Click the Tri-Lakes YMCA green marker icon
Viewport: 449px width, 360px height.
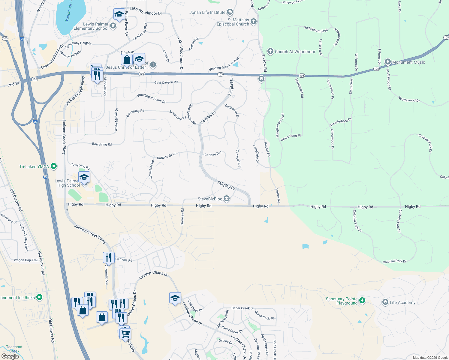tap(54, 166)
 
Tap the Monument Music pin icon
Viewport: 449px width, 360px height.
tap(387, 62)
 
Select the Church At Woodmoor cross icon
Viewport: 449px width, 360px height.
tap(270, 51)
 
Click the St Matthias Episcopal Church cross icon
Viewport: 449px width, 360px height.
tap(254, 21)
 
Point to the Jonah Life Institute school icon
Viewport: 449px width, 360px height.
tap(230, 12)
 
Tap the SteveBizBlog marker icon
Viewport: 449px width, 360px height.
tap(227, 199)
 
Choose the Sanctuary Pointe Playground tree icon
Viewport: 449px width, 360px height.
tap(362, 300)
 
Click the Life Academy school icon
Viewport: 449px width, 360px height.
tap(385, 302)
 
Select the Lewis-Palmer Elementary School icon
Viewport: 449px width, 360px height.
tap(113, 26)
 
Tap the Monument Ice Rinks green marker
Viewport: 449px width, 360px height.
tap(39, 297)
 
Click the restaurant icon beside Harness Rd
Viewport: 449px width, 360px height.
tap(108, 258)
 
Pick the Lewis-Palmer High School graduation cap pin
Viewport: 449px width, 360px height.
tap(84, 177)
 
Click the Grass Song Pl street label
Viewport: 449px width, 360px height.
tap(291, 137)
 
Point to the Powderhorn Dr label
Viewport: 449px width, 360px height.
tap(341, 122)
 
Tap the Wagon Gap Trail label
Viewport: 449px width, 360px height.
tap(26, 260)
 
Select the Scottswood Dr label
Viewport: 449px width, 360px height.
tap(409, 99)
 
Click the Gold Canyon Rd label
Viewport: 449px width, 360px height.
tap(166, 82)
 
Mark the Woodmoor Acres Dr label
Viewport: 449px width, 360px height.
tap(151, 98)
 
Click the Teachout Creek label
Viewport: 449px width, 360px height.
tap(14, 349)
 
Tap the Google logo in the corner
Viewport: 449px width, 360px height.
tap(10, 356)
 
